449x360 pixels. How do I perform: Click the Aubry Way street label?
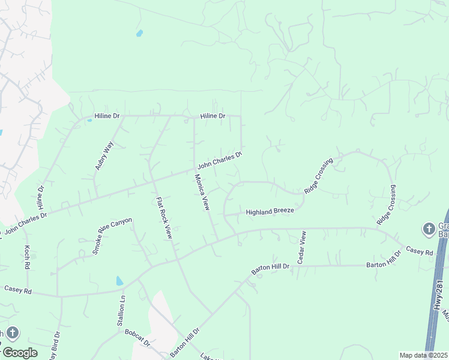104,155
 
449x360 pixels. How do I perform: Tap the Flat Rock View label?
164,218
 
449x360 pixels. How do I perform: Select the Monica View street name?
202,192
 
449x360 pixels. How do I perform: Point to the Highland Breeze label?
270,212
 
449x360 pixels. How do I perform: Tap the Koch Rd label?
27,256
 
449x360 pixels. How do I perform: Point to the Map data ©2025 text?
423,355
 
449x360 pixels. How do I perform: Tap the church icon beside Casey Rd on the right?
429,229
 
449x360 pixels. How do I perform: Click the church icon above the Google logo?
13,334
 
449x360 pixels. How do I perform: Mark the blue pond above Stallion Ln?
119,280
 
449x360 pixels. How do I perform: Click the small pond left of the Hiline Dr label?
89,121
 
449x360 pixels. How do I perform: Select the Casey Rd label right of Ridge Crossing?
420,251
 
